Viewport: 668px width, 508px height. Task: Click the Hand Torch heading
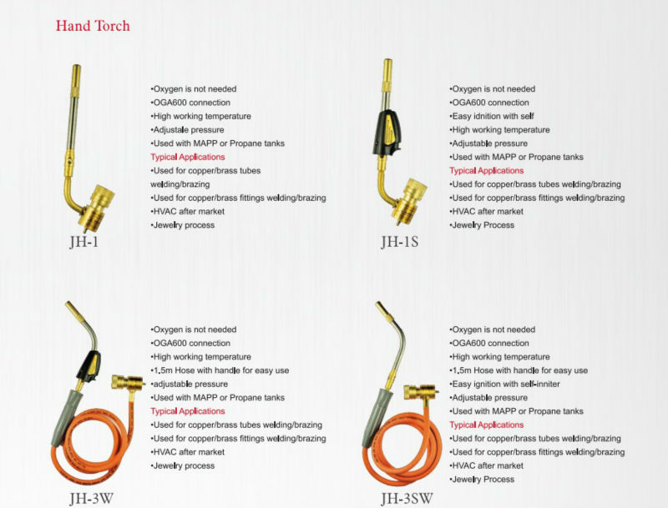pos(93,26)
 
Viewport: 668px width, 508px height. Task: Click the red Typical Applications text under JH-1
pos(188,157)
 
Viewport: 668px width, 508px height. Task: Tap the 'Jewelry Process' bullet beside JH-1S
pos(483,224)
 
